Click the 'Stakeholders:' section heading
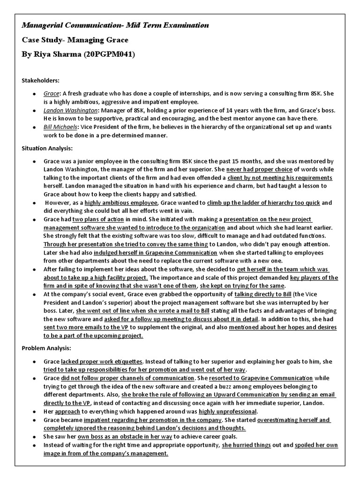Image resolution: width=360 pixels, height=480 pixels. click(x=40, y=81)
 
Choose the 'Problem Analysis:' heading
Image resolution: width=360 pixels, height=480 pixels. click(x=46, y=348)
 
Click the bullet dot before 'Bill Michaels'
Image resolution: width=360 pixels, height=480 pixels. click(x=34, y=127)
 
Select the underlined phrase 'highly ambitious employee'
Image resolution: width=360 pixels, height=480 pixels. click(x=121, y=203)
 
